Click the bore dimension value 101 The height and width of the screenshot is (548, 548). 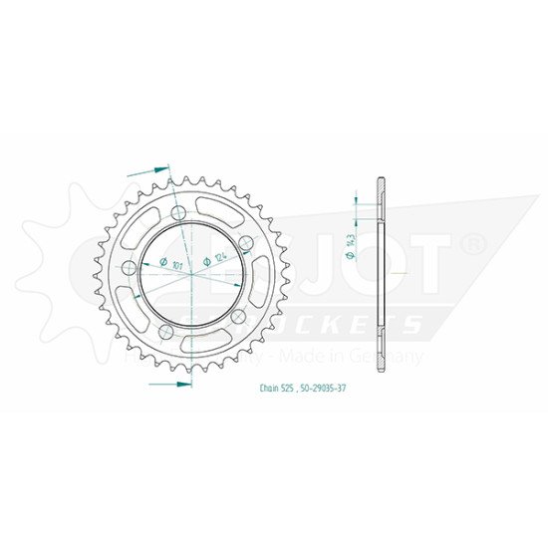tap(176, 266)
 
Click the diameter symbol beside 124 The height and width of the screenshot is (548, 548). tap(206, 260)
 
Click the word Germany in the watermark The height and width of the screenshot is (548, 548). tap(399, 356)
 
